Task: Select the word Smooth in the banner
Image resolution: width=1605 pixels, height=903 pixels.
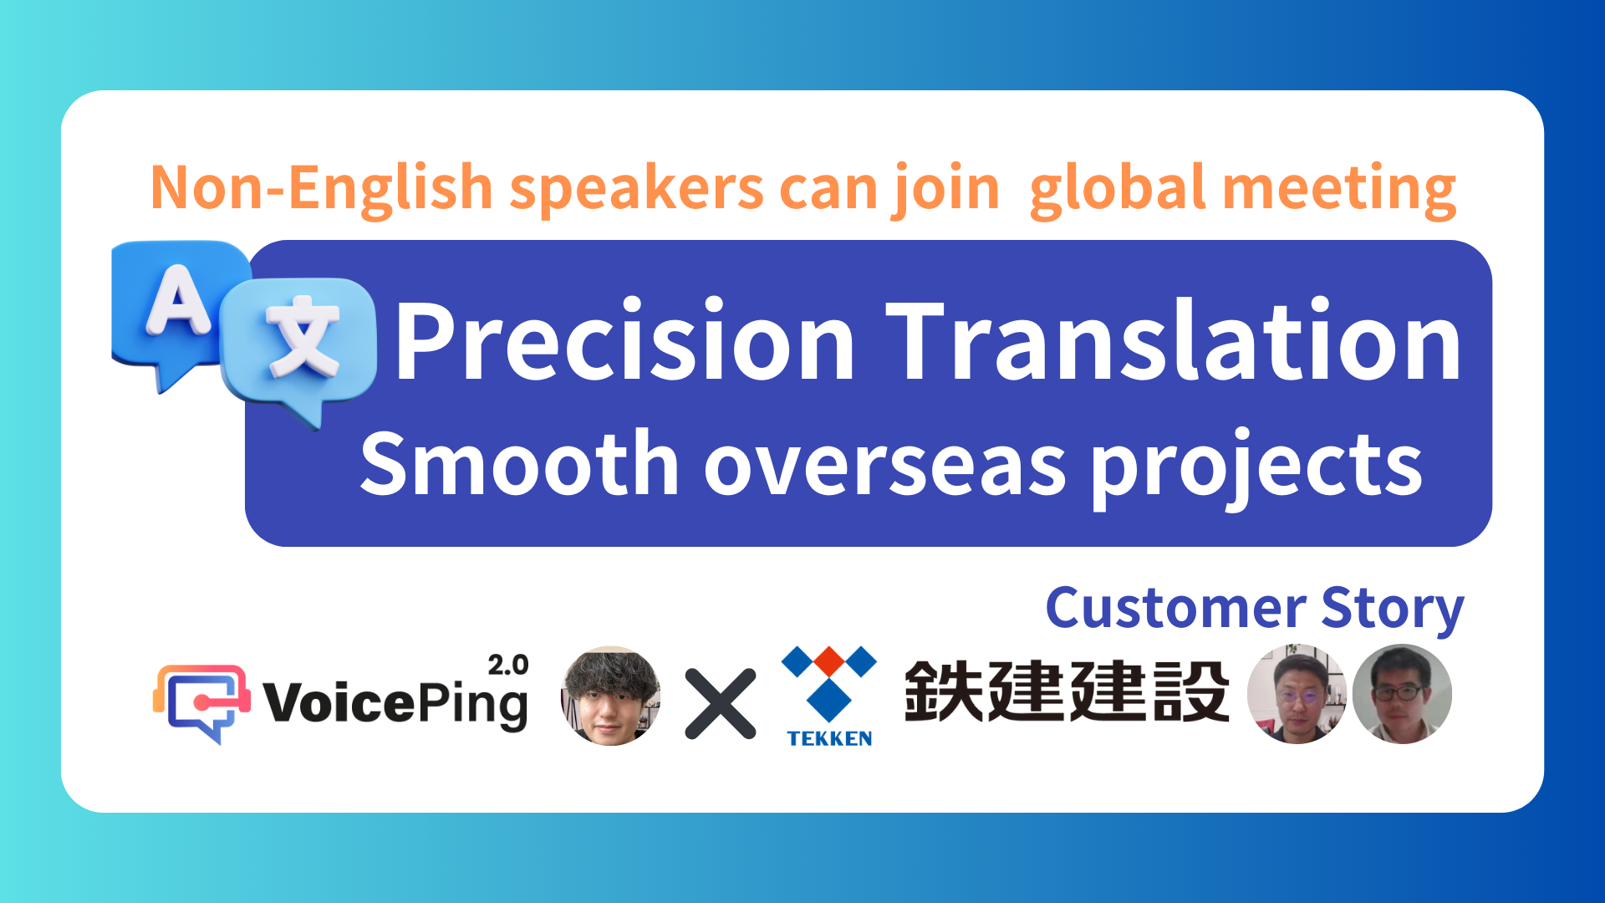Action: (x=518, y=465)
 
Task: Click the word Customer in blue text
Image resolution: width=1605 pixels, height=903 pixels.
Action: (x=1175, y=608)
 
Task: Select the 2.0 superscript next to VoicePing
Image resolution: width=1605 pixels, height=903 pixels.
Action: (x=507, y=666)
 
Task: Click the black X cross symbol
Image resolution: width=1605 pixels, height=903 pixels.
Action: (x=721, y=704)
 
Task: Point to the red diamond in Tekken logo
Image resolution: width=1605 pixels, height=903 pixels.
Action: (x=829, y=661)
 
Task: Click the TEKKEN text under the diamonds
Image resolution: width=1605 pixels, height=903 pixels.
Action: (x=829, y=738)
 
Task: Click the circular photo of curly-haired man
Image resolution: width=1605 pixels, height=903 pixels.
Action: (x=611, y=696)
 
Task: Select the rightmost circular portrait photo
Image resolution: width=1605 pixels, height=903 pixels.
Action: (x=1402, y=694)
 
